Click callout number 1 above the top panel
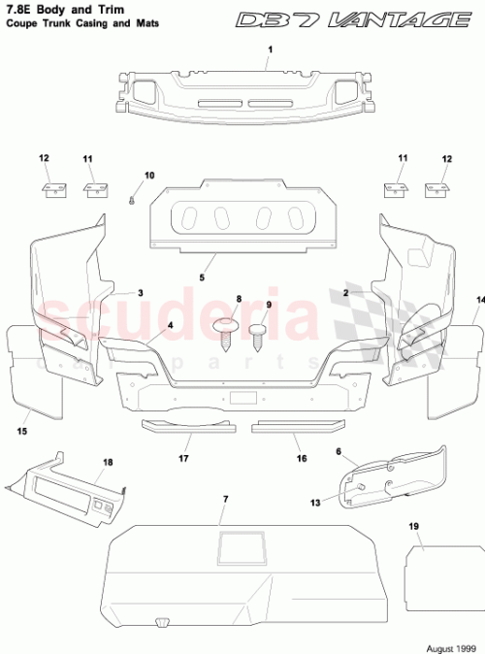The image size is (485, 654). (271, 49)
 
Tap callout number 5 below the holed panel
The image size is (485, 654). (203, 278)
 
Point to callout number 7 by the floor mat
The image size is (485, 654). (225, 499)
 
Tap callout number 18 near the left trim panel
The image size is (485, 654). (108, 463)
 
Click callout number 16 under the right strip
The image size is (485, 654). (302, 459)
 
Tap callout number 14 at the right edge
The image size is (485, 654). (479, 301)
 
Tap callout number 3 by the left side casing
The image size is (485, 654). (140, 292)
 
